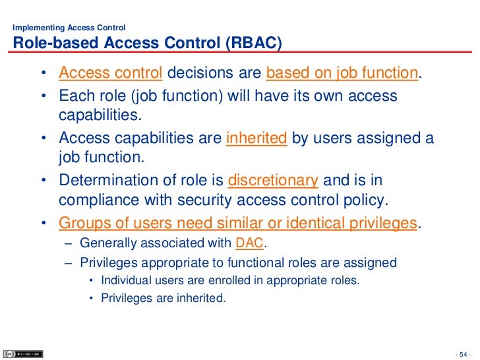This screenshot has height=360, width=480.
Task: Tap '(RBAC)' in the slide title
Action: click(253, 44)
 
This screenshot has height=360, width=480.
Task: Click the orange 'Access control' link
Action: click(111, 73)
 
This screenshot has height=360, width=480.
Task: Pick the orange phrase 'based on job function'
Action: click(342, 73)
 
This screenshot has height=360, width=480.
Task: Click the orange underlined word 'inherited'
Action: click(256, 138)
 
